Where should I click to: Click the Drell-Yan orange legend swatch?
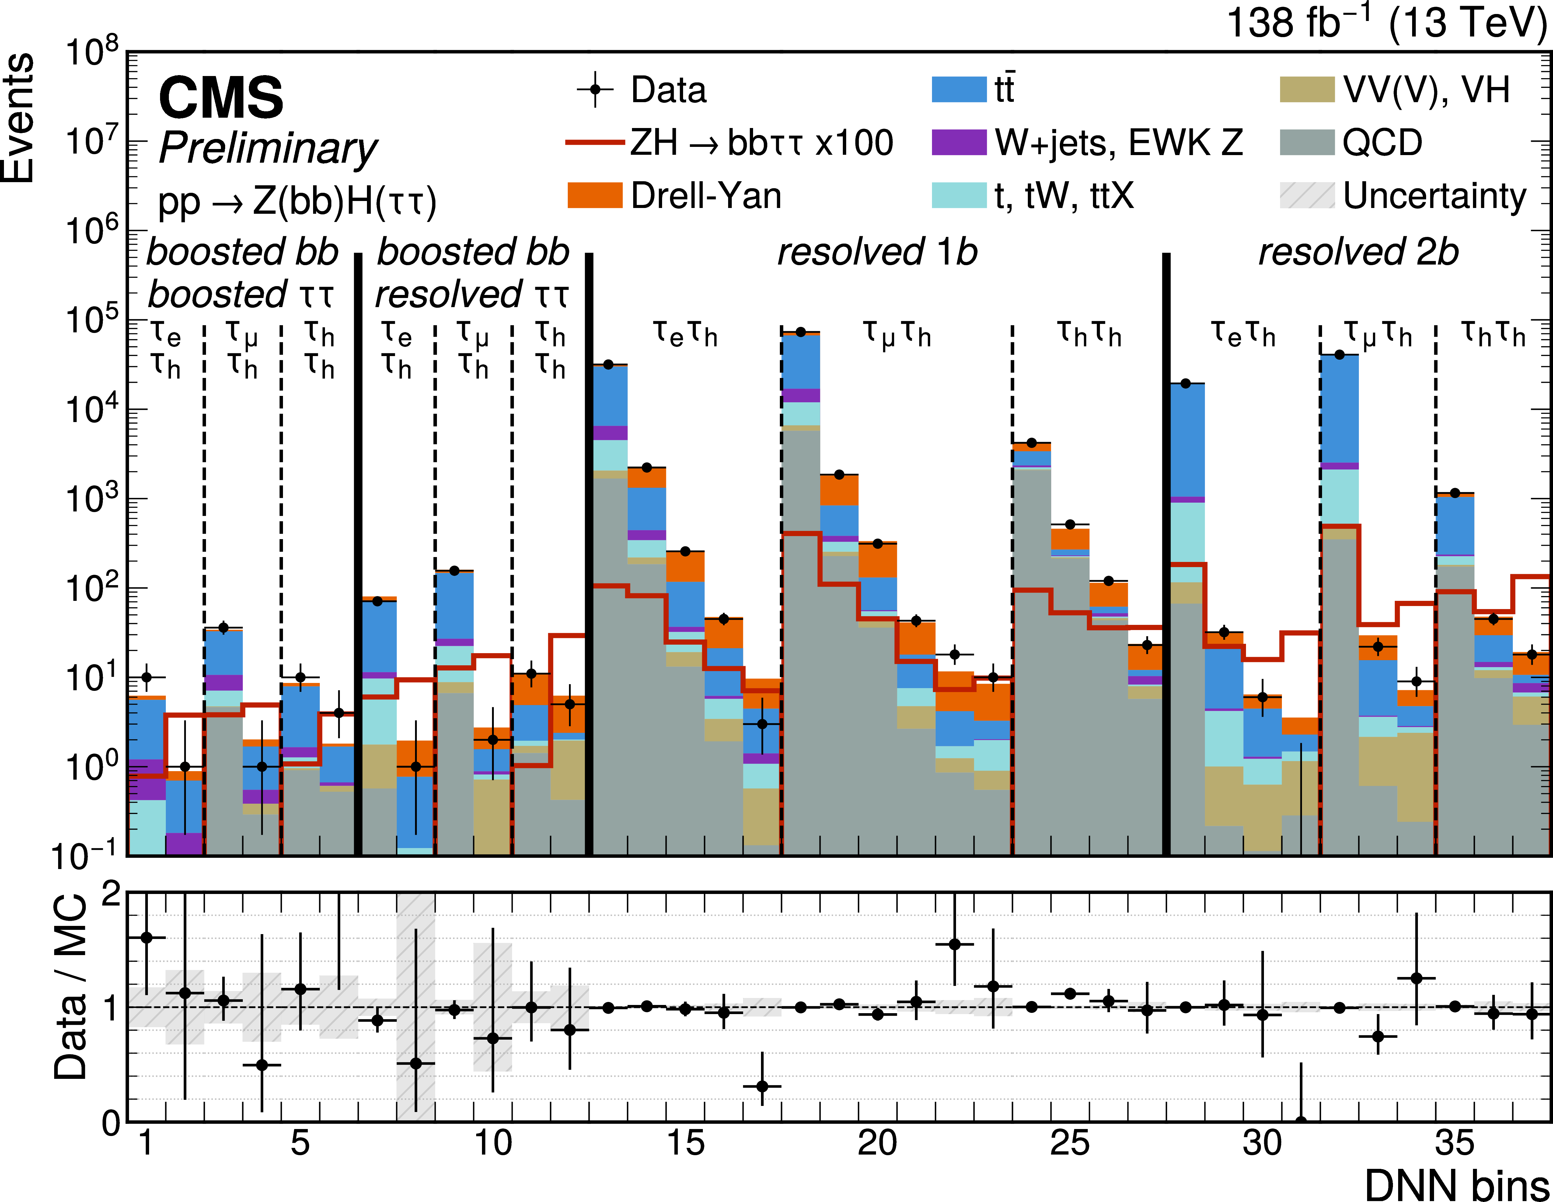pyautogui.click(x=595, y=195)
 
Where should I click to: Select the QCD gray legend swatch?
pyautogui.click(x=1307, y=142)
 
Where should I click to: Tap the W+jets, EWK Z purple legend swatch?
pyautogui.click(x=959, y=142)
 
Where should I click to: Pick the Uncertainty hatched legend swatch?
pyautogui.click(x=1307, y=195)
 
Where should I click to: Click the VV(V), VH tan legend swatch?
pyautogui.click(x=1307, y=90)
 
